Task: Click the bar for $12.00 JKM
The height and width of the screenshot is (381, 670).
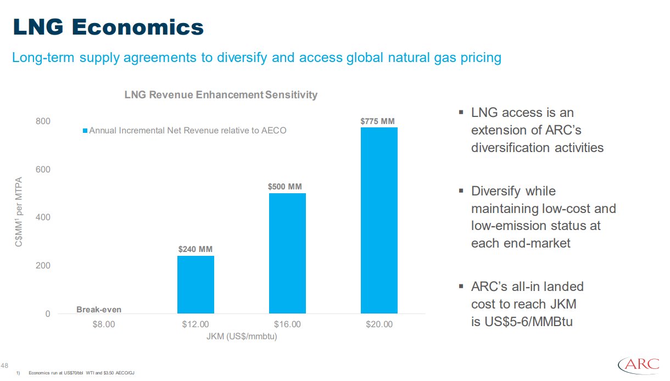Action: [x=196, y=284]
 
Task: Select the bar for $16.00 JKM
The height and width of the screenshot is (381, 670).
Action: [x=287, y=253]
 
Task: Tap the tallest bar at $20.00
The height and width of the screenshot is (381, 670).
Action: [x=379, y=220]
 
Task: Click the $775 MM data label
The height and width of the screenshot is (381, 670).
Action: [x=378, y=121]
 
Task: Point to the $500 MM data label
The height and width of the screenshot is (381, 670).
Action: [x=285, y=187]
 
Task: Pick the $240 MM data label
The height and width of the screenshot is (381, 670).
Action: [x=195, y=249]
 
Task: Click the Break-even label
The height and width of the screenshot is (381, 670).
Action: [x=99, y=310]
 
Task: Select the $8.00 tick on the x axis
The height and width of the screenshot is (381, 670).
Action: [x=104, y=324]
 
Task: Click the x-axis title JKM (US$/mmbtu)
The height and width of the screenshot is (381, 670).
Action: [x=242, y=337]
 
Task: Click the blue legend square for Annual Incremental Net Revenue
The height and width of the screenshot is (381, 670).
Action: [x=85, y=131]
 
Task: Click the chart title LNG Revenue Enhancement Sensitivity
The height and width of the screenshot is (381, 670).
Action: [x=221, y=95]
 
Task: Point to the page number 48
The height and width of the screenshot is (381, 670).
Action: [x=5, y=366]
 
